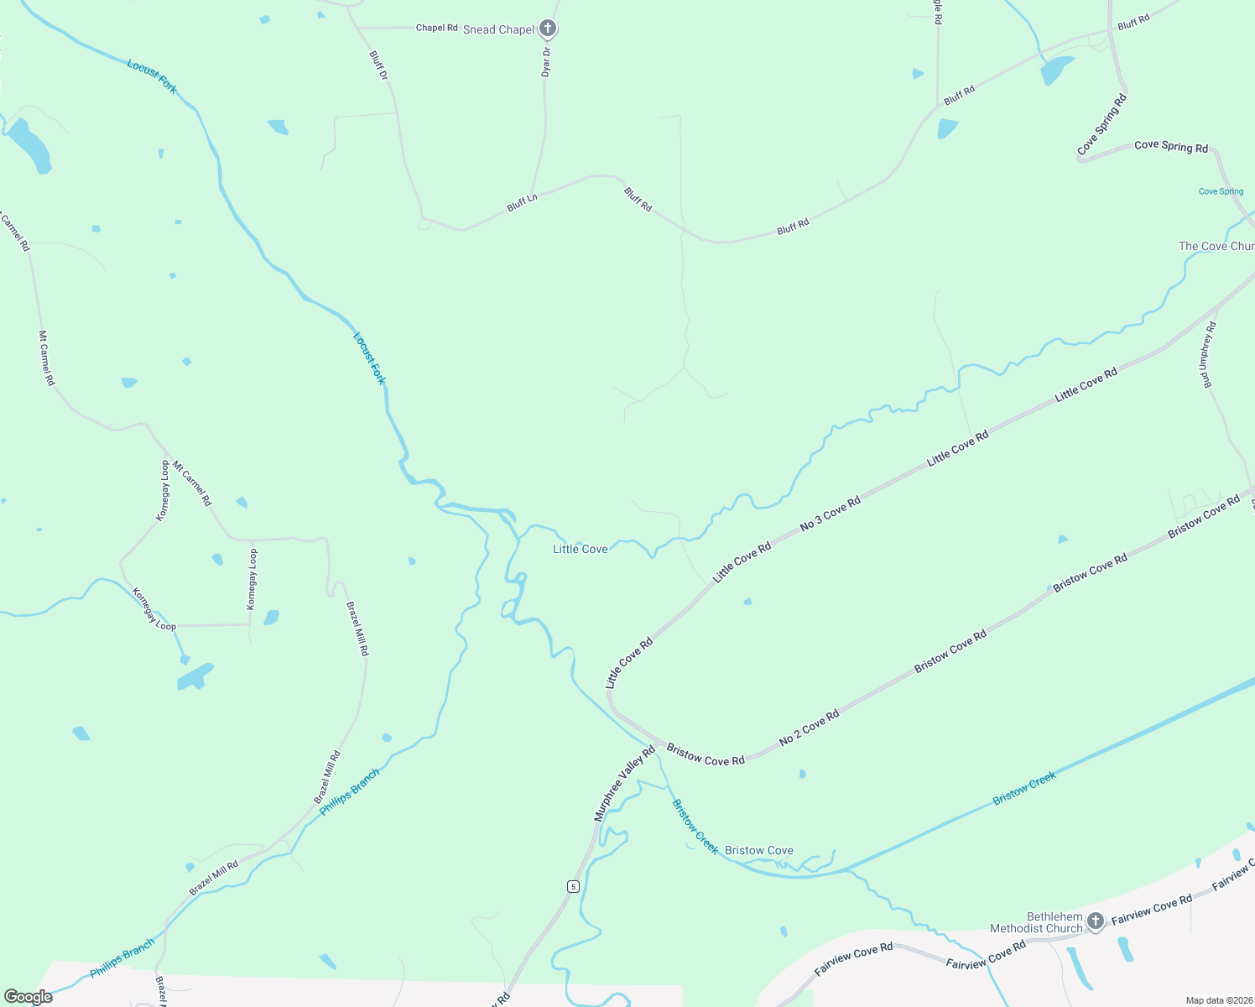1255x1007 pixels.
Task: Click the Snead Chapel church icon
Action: point(548,29)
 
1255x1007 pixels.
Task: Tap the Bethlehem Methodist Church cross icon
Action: point(1095,921)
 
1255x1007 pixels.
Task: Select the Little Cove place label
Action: point(580,549)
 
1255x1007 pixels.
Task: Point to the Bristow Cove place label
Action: point(758,850)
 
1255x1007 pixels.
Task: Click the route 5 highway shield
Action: point(573,886)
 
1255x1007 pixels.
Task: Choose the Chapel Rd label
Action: point(437,28)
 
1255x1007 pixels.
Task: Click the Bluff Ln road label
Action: point(522,202)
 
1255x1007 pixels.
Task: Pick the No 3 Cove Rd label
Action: point(830,514)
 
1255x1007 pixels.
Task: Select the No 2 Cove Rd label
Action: point(809,728)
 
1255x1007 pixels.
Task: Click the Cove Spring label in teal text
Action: point(1221,191)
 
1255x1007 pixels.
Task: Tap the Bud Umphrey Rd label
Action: point(1208,355)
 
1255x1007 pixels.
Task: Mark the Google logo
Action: point(29,996)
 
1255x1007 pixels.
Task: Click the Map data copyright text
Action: point(1217,1000)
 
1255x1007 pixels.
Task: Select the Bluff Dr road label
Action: point(378,65)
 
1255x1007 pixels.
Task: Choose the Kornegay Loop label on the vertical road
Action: point(253,579)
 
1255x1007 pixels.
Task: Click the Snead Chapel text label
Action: point(498,29)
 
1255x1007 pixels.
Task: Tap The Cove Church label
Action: point(1216,246)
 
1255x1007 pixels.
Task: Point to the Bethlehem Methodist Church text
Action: point(1036,922)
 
